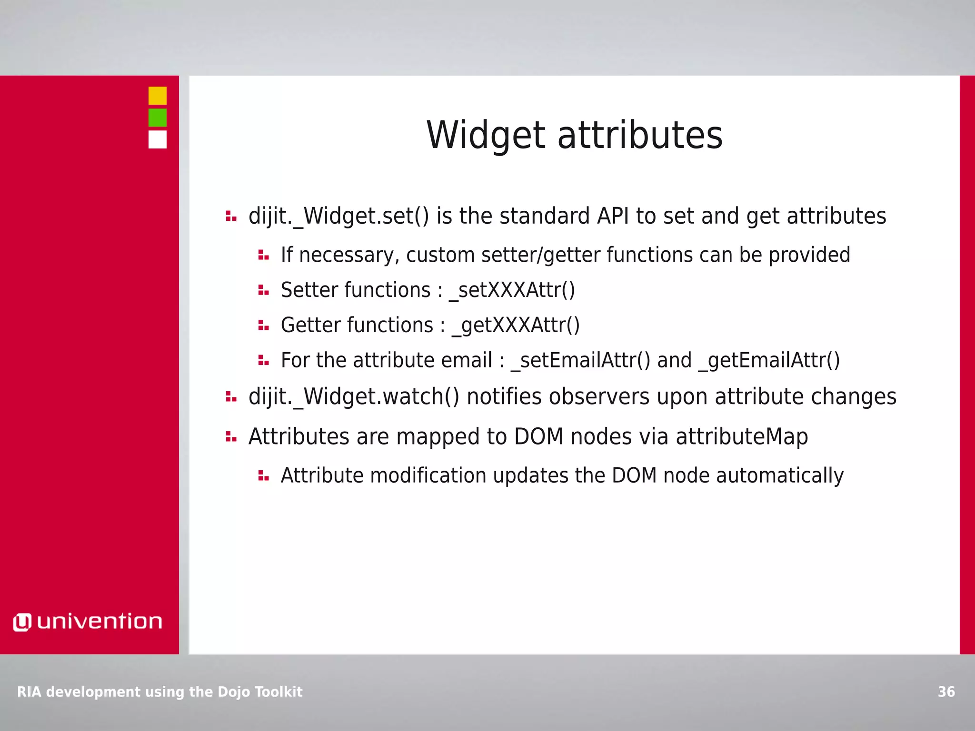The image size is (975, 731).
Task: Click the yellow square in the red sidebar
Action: [x=157, y=96]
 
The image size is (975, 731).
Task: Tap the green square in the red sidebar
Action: [x=157, y=118]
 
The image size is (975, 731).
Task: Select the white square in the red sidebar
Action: [x=157, y=139]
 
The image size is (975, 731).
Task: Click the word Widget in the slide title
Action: [x=486, y=136]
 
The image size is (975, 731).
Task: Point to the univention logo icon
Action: [x=22, y=622]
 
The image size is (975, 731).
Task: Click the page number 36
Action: [x=946, y=691]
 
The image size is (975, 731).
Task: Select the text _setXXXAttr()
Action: [x=512, y=290]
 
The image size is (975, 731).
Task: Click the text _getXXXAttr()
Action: [x=516, y=326]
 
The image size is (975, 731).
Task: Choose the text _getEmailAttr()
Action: [x=769, y=360]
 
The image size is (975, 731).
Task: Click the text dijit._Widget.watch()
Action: [x=354, y=397]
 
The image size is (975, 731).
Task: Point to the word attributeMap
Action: [x=742, y=436]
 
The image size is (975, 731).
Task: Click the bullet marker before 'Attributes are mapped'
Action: [x=231, y=436]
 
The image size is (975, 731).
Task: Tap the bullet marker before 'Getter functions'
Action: [x=263, y=326]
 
